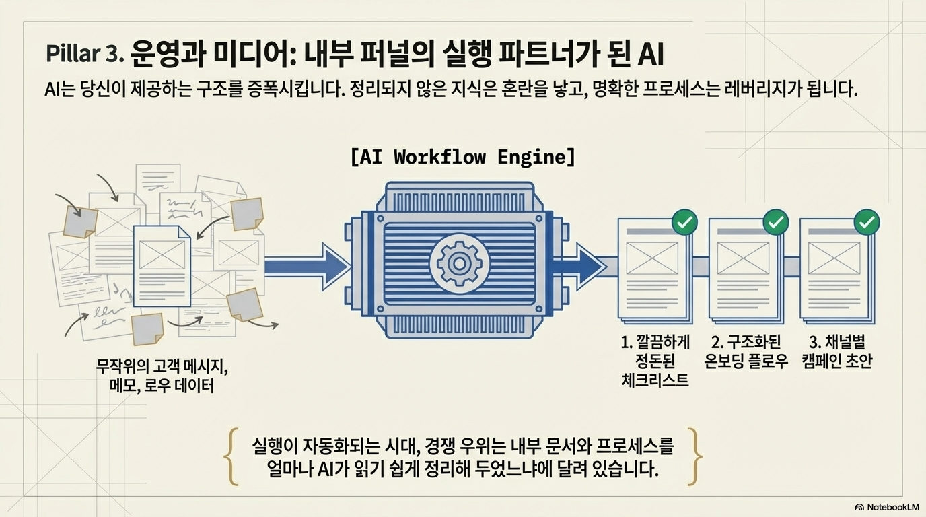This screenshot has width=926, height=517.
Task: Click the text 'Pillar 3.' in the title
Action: pyautogui.click(x=85, y=54)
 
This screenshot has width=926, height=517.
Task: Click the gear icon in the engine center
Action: pyautogui.click(x=459, y=263)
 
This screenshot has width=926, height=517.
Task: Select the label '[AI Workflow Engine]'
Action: pyautogui.click(x=462, y=158)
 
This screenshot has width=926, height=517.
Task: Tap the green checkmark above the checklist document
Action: pyautogui.click(x=684, y=223)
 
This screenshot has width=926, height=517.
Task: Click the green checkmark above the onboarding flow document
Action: pyautogui.click(x=775, y=223)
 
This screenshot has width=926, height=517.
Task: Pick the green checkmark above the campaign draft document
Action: pyautogui.click(x=867, y=223)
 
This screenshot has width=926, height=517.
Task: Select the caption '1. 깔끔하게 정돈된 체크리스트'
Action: pyautogui.click(x=655, y=361)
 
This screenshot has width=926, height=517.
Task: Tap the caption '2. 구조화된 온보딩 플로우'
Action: pyautogui.click(x=746, y=352)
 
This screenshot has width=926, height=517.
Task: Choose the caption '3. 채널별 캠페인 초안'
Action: pyautogui.click(x=837, y=352)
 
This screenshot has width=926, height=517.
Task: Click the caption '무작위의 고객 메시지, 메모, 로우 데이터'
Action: pyautogui.click(x=162, y=376)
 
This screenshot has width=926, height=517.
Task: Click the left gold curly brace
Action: pyautogui.click(x=231, y=456)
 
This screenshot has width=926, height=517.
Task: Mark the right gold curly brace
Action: pyautogui.click(x=694, y=456)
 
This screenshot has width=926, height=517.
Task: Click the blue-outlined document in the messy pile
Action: pyautogui.click(x=162, y=266)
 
